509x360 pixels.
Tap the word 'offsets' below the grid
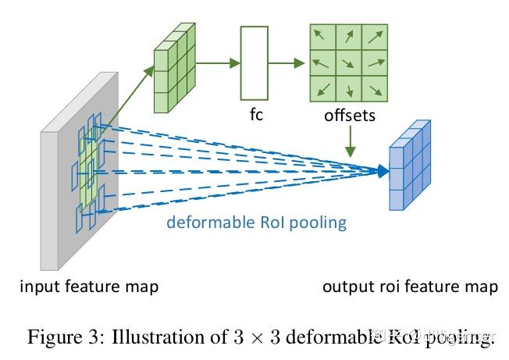click(348, 116)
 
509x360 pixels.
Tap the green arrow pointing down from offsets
click(351, 140)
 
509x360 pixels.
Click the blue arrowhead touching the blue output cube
click(383, 169)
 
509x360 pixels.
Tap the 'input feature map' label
click(89, 287)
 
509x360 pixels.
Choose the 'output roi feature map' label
click(410, 287)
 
